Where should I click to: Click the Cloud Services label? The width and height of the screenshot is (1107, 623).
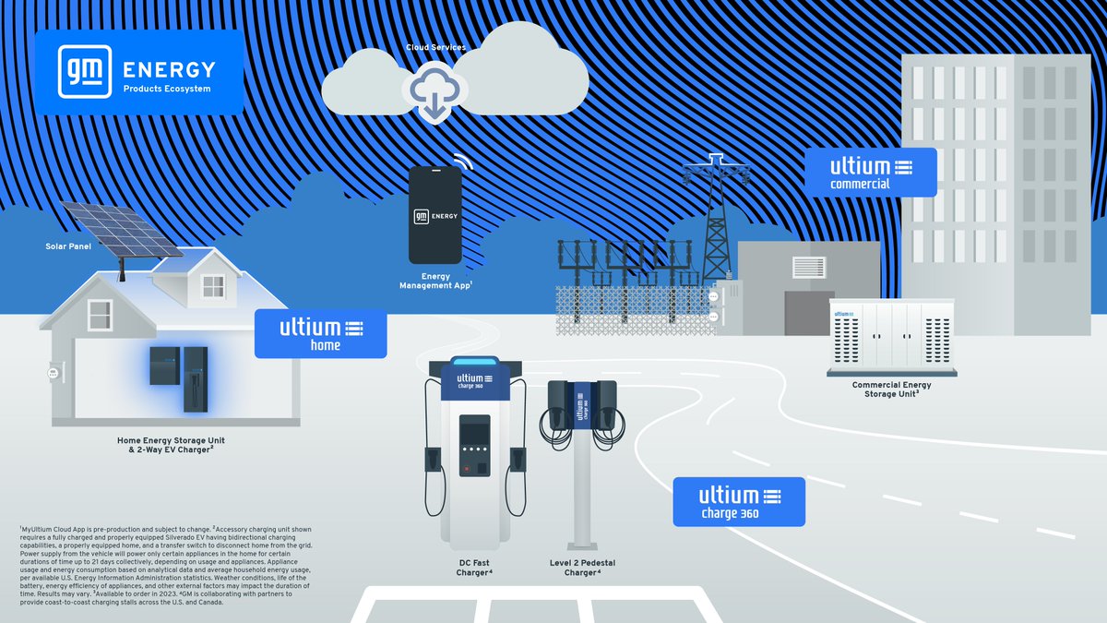[435, 47]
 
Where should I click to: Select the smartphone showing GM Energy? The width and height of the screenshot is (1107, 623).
[434, 214]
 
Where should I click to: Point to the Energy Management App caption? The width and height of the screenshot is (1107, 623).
[435, 281]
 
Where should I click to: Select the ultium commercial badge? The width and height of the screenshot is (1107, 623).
[870, 173]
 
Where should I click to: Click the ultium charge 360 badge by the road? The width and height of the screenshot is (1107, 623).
[738, 502]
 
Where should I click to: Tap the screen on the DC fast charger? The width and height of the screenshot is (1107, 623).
[475, 433]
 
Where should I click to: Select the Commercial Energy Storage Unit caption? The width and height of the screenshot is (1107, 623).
[891, 389]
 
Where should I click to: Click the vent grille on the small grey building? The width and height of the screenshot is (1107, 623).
[809, 267]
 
